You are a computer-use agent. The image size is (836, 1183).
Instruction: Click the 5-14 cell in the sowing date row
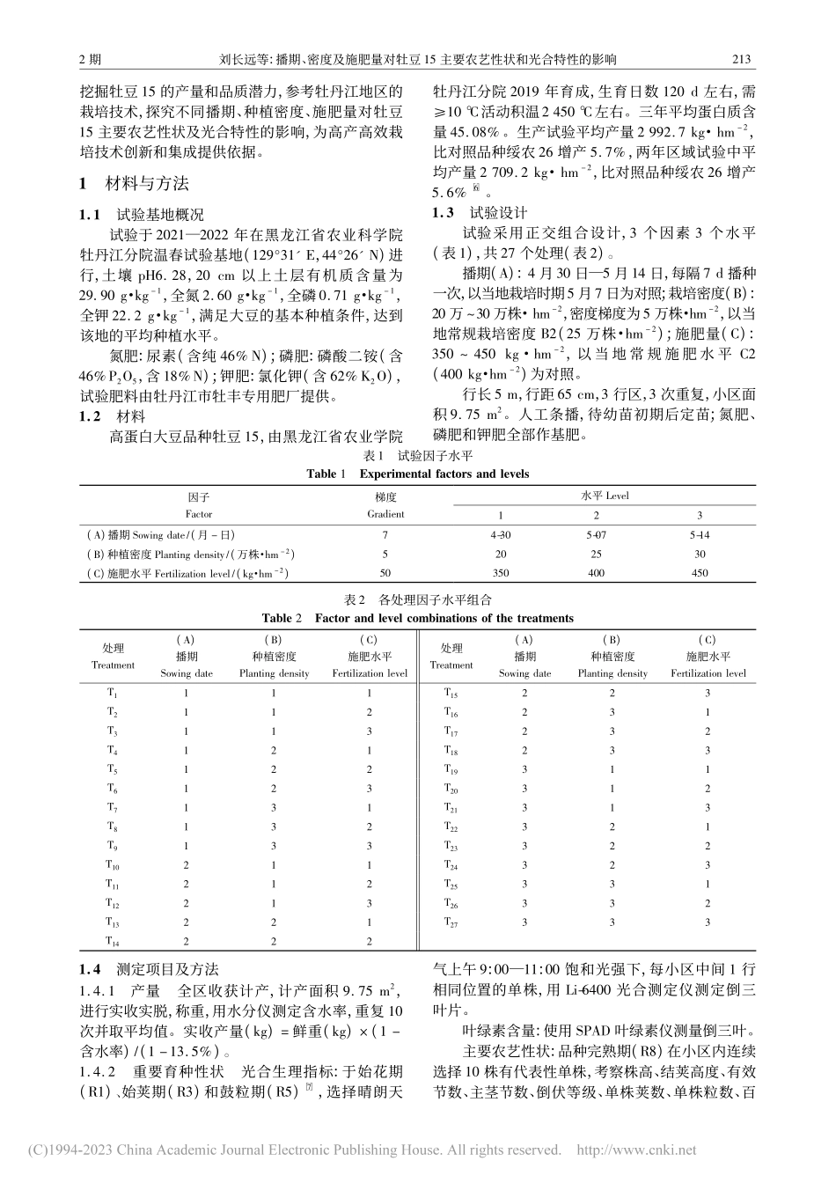pos(700,534)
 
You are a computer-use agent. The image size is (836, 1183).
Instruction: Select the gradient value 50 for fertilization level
pos(385,573)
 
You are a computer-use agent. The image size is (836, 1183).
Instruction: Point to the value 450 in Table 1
pos(700,573)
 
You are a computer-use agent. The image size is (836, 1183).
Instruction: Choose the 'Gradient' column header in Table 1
pos(385,514)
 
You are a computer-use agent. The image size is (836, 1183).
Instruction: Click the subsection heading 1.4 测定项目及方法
pos(149,969)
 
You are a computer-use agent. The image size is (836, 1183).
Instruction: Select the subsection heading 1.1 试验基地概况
pos(141,214)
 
